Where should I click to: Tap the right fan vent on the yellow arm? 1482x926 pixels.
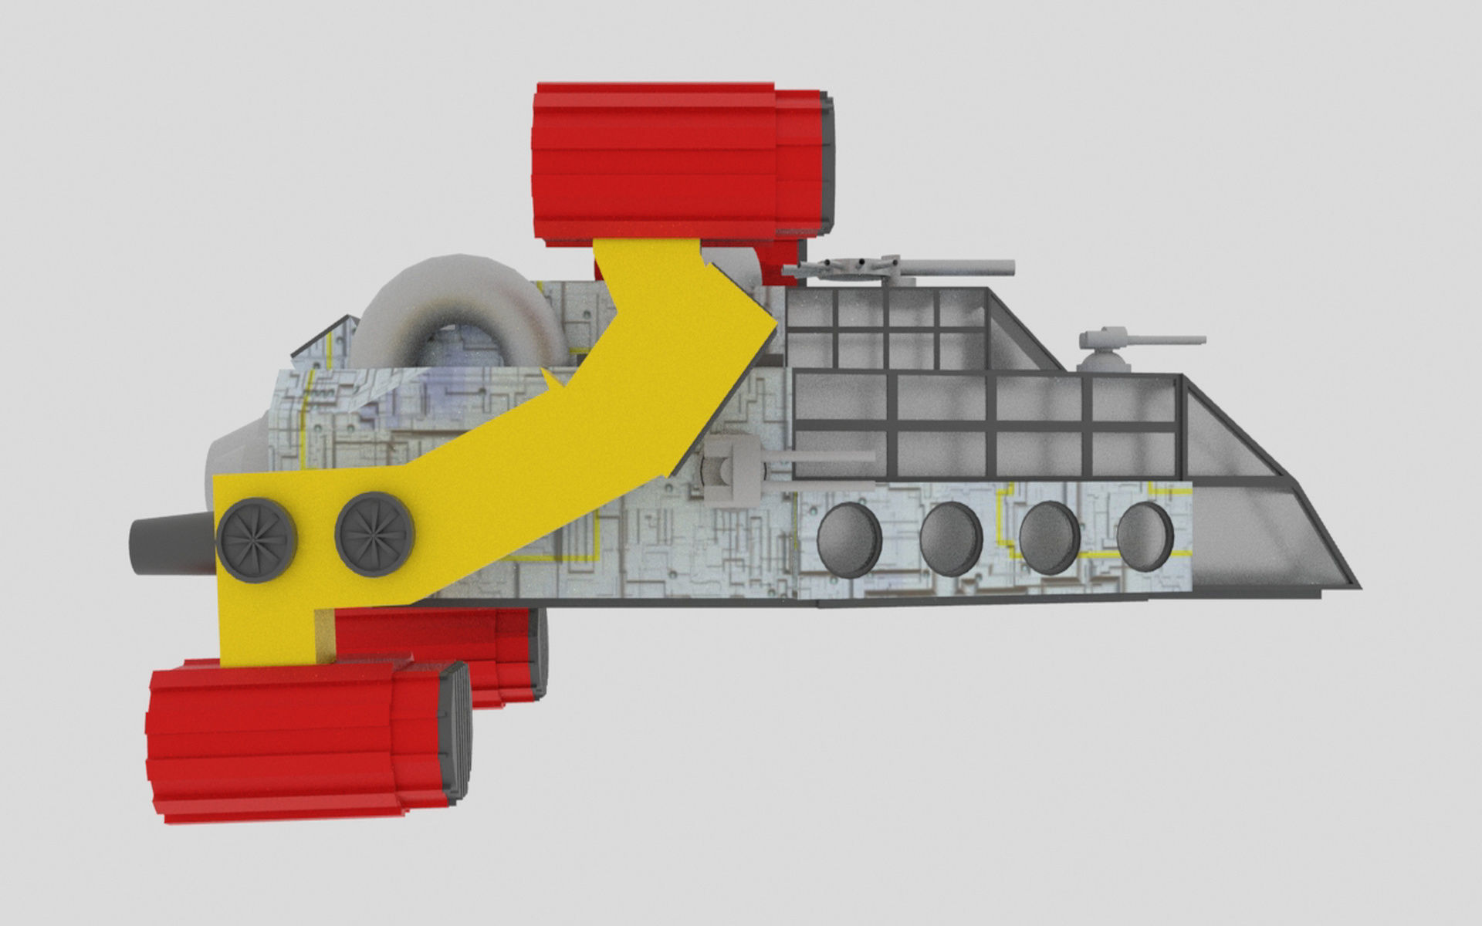tap(375, 534)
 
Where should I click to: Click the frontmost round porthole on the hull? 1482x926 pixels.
tap(1145, 536)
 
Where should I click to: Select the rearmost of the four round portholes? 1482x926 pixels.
tap(849, 539)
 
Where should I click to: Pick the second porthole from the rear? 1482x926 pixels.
tap(951, 538)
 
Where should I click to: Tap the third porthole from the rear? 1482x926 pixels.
tap(1050, 537)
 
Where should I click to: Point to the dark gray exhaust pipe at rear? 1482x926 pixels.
tap(166, 546)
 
